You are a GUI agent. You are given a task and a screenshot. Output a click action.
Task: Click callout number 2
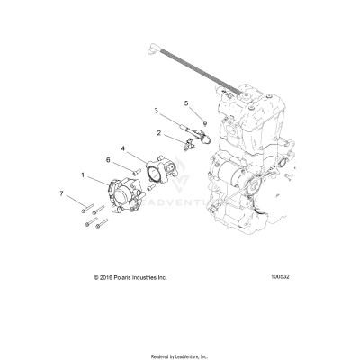(159, 132)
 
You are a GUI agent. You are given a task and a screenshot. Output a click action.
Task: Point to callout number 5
(187, 103)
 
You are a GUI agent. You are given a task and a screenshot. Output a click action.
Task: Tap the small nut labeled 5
(204, 121)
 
